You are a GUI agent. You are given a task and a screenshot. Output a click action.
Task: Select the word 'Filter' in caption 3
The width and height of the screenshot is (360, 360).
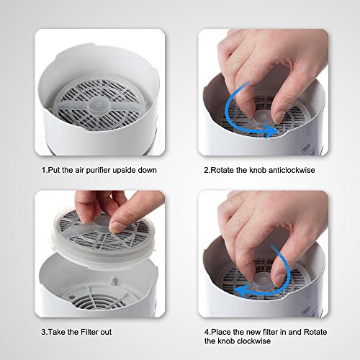click(x=89, y=332)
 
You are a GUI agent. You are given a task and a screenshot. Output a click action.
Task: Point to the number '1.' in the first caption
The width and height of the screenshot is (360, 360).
click(x=45, y=170)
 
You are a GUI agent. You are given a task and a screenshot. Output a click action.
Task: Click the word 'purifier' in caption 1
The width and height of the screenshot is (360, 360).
click(x=98, y=171)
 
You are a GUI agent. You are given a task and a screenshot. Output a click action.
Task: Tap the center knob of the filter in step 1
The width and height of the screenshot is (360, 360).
click(x=98, y=106)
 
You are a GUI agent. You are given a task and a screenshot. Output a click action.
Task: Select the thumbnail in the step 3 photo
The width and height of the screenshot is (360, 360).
click(x=115, y=227)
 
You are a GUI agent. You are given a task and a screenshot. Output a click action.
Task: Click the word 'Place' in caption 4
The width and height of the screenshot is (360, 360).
click(x=220, y=332)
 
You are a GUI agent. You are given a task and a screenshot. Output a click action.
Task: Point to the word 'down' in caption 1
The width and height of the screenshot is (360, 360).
click(x=147, y=170)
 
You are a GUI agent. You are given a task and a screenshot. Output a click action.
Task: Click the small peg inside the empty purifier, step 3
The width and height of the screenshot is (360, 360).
click(x=114, y=280)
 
